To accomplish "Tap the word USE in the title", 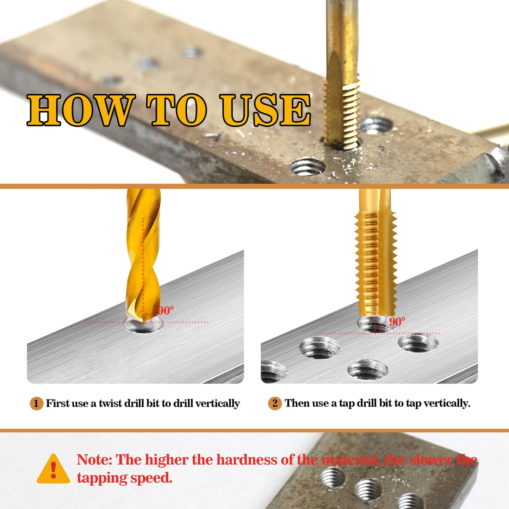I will [265, 110].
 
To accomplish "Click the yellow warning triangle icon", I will [53, 470].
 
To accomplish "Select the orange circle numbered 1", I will [36, 403].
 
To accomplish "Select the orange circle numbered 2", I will [275, 403].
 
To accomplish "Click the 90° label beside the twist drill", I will [166, 311].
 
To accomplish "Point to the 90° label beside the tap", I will [397, 322].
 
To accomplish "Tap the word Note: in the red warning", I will [94, 460].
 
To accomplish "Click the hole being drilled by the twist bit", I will [143, 326].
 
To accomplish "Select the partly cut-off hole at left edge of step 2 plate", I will [272, 372].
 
